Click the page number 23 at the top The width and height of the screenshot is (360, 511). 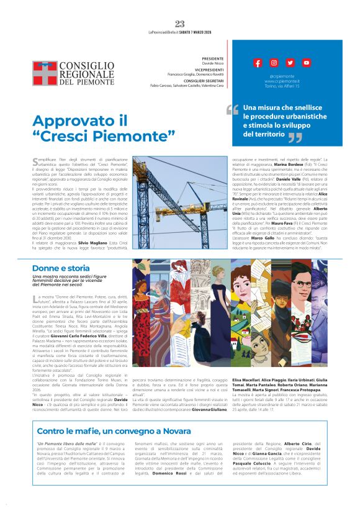point(180,24)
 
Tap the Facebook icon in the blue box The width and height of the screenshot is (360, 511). point(258,63)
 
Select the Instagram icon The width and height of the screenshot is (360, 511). point(274,63)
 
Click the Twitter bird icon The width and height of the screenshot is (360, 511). point(290,63)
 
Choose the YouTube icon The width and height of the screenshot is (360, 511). point(306,63)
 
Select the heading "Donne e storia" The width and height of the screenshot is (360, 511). point(61,268)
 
